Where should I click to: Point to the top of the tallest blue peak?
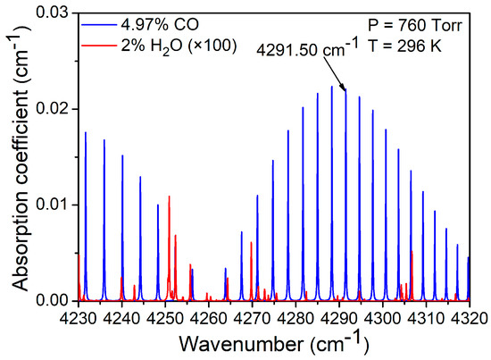tap(332, 86)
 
